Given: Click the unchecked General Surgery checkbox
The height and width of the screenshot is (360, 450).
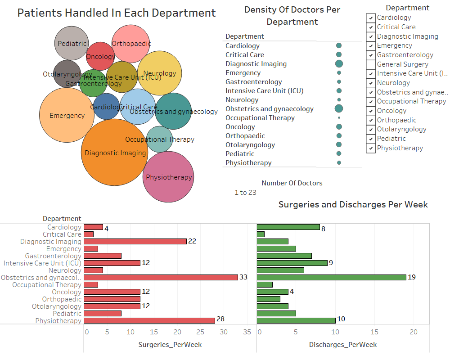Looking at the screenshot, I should (371, 64).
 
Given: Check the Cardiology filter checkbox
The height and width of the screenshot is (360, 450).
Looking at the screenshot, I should (371, 18).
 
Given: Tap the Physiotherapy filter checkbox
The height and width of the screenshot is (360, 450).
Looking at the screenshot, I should (371, 148).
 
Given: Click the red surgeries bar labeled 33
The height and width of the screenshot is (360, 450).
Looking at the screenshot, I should (161, 277).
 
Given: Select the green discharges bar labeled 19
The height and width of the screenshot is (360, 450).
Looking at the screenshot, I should (331, 277).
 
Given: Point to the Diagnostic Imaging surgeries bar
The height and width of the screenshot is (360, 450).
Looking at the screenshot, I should (135, 241).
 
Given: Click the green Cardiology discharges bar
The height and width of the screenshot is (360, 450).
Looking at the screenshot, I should (288, 227).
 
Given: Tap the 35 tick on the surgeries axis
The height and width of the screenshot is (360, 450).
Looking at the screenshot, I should (247, 333).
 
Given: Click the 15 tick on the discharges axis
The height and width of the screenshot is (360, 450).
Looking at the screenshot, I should (374, 333).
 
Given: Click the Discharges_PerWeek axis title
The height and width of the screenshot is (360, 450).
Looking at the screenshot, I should (343, 345).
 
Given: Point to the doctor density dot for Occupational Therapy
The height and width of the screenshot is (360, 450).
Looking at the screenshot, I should (339, 117).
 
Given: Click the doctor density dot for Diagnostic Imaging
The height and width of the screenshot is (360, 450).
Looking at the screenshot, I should (339, 63).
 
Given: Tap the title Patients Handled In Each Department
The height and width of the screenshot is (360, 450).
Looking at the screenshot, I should (117, 13).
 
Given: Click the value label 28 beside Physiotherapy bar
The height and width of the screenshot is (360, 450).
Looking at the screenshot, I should (220, 319).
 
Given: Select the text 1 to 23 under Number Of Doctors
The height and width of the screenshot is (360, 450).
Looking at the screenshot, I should (245, 193).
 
